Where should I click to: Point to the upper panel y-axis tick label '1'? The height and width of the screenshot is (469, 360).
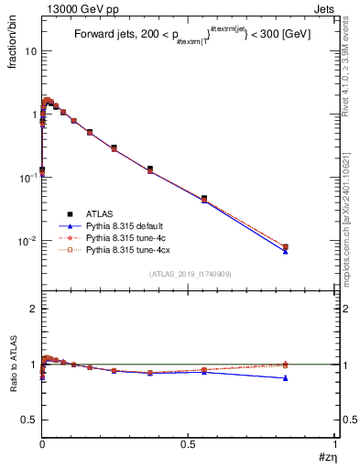pos(33,115)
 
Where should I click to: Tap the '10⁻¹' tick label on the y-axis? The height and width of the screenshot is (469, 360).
pos(28,177)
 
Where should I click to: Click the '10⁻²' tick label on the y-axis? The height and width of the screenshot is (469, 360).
pos(28,240)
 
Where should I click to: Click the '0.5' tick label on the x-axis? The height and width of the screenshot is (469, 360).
pos(188,448)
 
